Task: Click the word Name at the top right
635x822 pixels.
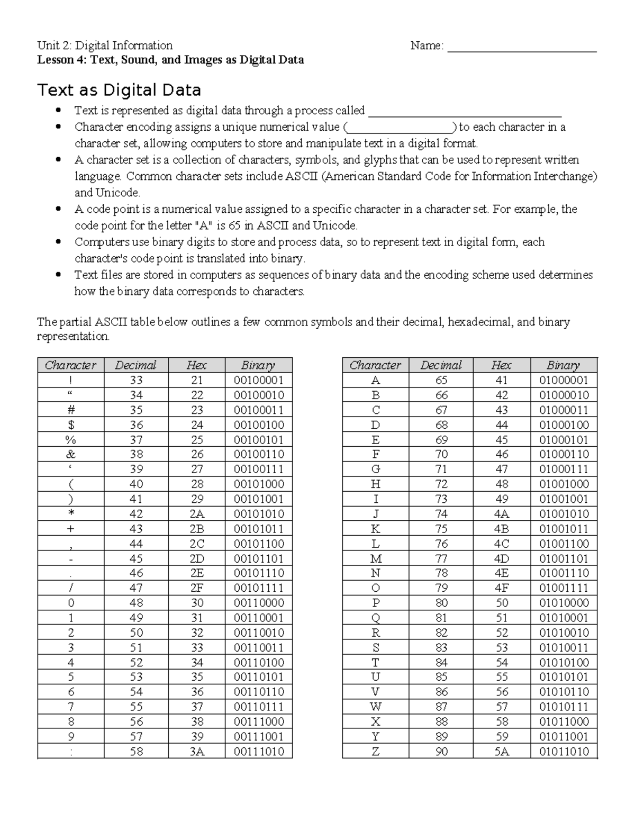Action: pyautogui.click(x=425, y=46)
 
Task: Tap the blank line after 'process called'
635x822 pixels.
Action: pyautogui.click(x=464, y=111)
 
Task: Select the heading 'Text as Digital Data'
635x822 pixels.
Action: pyautogui.click(x=119, y=90)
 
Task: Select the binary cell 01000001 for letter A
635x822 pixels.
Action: pyautogui.click(x=564, y=380)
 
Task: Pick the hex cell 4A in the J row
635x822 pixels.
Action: pyautogui.click(x=501, y=514)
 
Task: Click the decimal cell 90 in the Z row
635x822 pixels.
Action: pyautogui.click(x=441, y=751)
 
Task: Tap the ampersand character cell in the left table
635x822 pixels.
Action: pyautogui.click(x=71, y=454)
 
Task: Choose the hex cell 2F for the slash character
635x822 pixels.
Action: pyautogui.click(x=197, y=588)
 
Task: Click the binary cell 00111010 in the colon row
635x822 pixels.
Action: pyautogui.click(x=259, y=751)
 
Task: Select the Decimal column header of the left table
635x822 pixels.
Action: pyautogui.click(x=135, y=365)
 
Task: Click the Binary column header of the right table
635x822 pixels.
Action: pyautogui.click(x=564, y=365)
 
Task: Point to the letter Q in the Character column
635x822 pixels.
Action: pyautogui.click(x=376, y=618)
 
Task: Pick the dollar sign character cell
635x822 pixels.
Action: pyautogui.click(x=71, y=424)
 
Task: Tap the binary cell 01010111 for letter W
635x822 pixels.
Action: pyautogui.click(x=564, y=707)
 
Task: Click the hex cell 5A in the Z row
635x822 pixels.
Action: pyautogui.click(x=501, y=751)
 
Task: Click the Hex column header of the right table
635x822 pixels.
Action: pyautogui.click(x=501, y=365)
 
